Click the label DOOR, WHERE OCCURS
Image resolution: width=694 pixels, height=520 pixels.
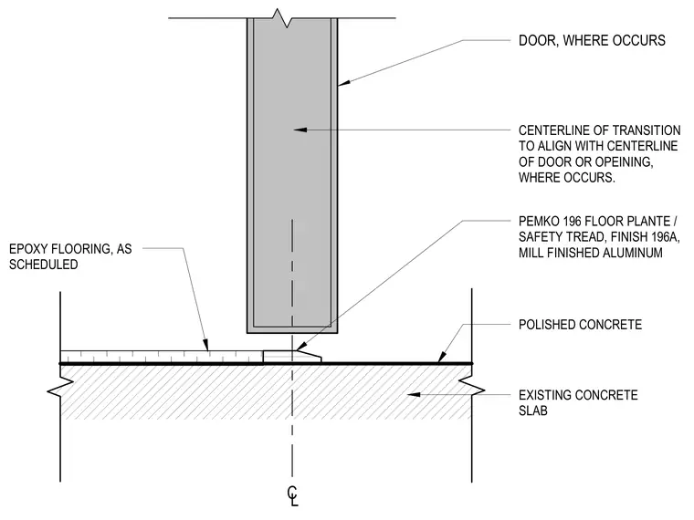coord(592,41)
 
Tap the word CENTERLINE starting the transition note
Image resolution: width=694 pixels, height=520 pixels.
coord(555,130)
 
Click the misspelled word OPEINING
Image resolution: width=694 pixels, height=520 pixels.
coord(621,161)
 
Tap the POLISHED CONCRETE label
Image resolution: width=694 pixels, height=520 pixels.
coord(580,325)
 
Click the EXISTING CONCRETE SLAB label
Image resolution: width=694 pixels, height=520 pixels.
coord(578,402)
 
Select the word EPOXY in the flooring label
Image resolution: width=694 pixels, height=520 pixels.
coord(26,249)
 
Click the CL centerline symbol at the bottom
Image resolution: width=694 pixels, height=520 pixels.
coord(292,496)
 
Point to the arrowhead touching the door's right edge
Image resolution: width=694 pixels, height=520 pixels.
coord(344,82)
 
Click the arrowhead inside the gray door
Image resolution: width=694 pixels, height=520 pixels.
coord(300,130)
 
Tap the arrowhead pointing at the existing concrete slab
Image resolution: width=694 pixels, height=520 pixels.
coord(414,394)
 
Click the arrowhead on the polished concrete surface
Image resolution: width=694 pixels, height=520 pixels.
coord(441,359)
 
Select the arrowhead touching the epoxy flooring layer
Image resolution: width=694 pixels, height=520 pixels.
coord(205,346)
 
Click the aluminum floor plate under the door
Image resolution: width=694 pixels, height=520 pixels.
coord(292,357)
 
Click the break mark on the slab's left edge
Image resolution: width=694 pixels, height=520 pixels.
coord(60,386)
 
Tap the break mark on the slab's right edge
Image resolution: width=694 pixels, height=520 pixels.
coord(472,386)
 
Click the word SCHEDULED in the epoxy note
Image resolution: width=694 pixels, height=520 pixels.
coord(44,265)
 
